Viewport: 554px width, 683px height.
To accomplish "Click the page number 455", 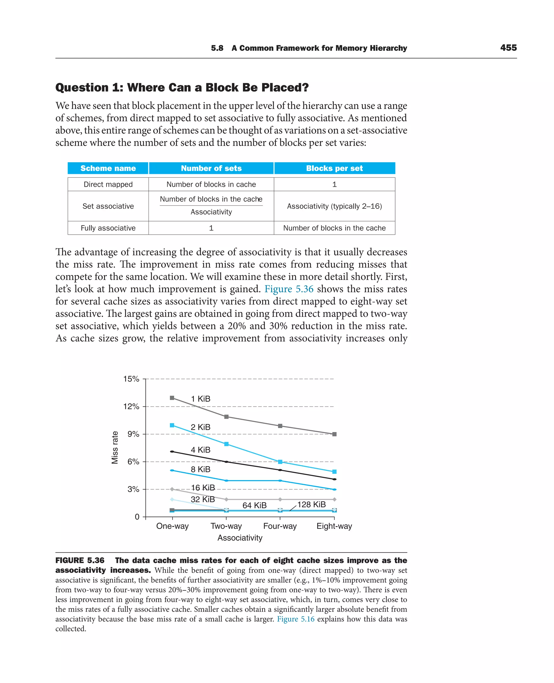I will [x=508, y=48].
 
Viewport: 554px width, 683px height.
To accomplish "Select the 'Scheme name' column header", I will [x=108, y=168].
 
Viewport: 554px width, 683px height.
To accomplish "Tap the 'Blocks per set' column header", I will [x=334, y=168].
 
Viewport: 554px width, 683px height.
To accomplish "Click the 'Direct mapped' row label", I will [x=108, y=184].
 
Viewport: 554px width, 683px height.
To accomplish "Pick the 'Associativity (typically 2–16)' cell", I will [x=334, y=206].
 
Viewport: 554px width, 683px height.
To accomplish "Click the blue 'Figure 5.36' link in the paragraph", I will [x=289, y=289].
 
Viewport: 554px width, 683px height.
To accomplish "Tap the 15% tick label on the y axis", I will [x=131, y=379].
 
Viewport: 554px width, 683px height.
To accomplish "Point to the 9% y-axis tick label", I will [x=133, y=434].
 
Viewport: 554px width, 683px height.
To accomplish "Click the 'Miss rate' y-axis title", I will [x=115, y=447].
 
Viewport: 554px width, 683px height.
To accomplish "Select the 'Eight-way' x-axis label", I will [x=334, y=526].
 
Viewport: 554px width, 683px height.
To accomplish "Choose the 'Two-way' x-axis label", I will [x=226, y=526].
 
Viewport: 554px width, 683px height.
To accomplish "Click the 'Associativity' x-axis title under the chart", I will [x=240, y=538].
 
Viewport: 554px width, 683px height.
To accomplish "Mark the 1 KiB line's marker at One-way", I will [x=172, y=398].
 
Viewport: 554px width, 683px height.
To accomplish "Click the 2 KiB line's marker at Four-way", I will [x=280, y=462].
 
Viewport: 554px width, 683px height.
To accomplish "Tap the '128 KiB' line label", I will [x=311, y=504].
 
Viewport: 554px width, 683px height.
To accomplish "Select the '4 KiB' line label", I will [x=200, y=450].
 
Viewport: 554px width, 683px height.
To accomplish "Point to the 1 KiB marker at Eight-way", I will [x=334, y=434].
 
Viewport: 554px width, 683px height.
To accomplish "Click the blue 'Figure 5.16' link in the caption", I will [x=295, y=619].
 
